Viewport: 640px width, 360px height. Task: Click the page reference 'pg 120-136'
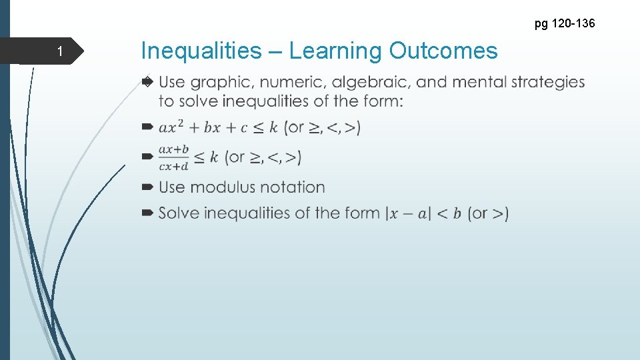(564, 25)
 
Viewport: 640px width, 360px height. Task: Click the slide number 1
(59, 52)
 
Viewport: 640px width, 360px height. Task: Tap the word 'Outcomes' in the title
(443, 51)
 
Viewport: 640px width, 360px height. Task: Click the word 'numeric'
(293, 83)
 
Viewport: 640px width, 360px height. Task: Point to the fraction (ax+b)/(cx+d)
(174, 158)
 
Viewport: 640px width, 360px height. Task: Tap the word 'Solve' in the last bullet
(179, 213)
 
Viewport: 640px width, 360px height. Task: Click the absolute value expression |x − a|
(409, 214)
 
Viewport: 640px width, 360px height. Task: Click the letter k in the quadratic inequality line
(274, 127)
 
